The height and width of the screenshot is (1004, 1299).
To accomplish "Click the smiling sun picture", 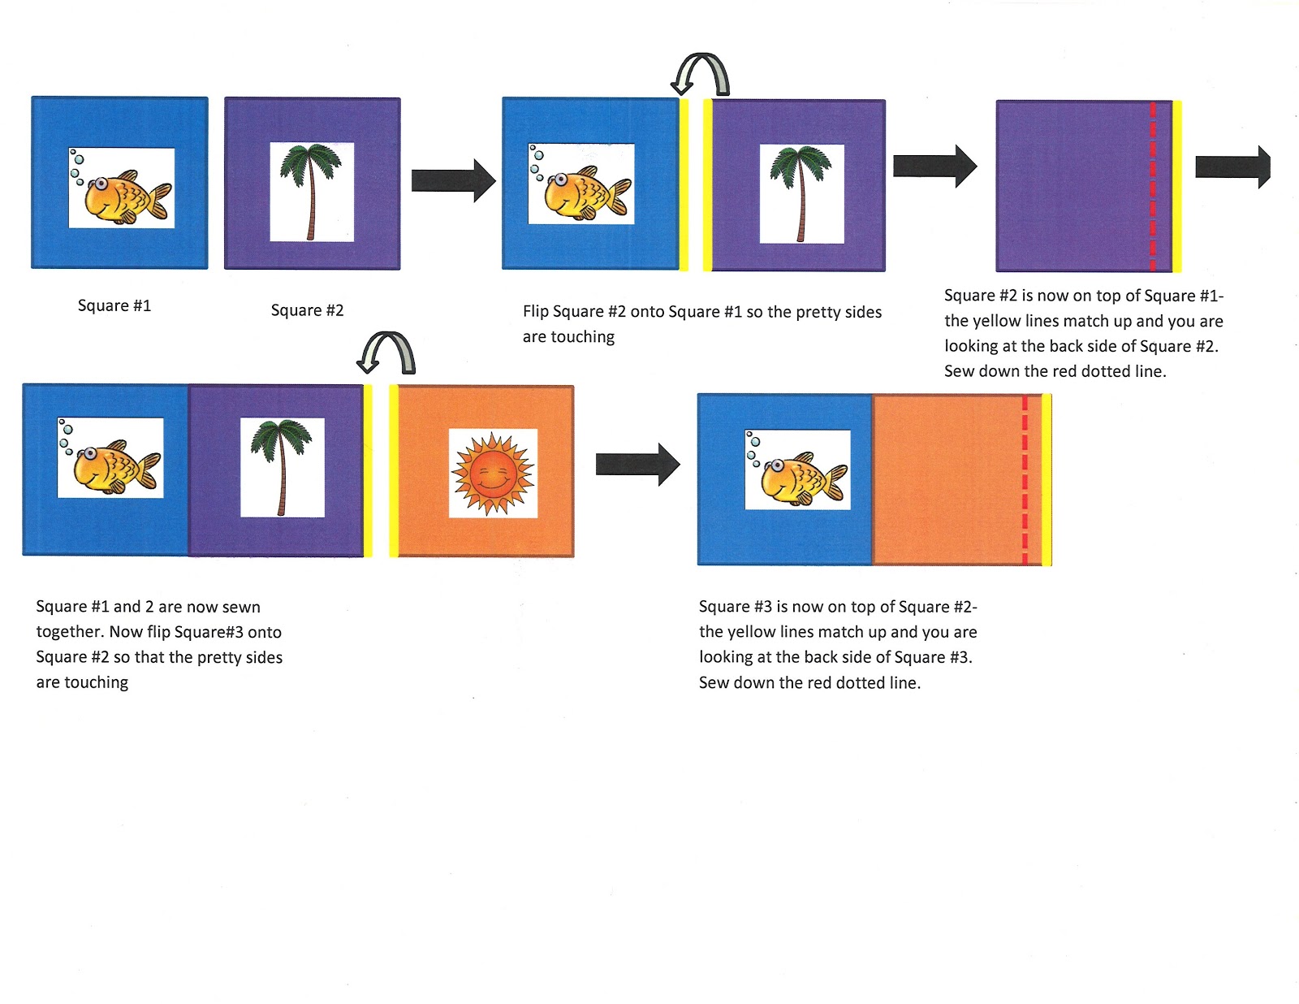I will coord(493,474).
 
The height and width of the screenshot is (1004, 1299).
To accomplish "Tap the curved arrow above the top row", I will coord(701,74).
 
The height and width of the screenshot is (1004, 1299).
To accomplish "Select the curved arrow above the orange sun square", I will coord(387,352).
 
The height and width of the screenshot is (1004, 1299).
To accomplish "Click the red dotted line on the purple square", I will coord(1153,186).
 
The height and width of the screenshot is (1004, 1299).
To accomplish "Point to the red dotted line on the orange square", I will coord(1025,479).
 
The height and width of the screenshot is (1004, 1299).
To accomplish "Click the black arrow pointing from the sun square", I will coord(637,465).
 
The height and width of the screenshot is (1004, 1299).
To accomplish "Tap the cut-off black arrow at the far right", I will coord(1233,167).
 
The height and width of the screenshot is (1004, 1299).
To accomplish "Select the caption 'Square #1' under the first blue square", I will coord(114,305).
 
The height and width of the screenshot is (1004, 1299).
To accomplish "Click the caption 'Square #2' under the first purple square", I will coord(307,310).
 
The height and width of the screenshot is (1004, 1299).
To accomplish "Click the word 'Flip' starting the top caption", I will coord(535,312).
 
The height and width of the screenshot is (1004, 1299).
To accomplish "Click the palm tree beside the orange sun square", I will coord(281,466).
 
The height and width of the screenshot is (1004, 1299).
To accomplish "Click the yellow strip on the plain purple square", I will coord(1176,186).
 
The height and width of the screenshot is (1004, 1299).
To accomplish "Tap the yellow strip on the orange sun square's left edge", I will coord(394,471).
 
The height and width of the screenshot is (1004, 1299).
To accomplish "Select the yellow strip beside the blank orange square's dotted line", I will coord(1047,479).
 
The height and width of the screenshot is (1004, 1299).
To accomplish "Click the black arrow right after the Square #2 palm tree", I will coord(453,180).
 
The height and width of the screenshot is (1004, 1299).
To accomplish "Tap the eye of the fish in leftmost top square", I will coord(101,184).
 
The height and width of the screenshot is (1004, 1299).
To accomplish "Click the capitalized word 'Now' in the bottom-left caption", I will coord(126,632).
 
